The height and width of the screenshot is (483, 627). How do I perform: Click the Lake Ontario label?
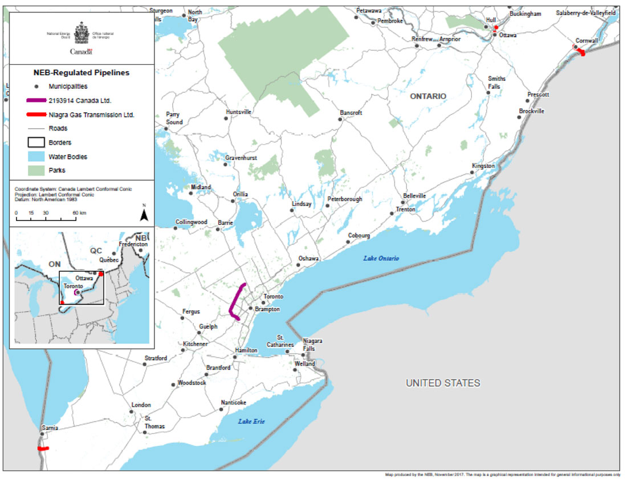(x=381, y=259)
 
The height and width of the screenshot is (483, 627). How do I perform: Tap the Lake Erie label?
(x=251, y=421)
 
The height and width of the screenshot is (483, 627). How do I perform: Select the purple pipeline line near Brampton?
(x=235, y=301)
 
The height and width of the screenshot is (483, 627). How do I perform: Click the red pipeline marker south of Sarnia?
(x=43, y=449)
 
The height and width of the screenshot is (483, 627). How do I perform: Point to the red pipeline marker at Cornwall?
(x=580, y=52)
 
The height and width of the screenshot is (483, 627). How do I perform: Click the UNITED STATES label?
(x=442, y=383)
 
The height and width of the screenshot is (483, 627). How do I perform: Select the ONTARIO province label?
(x=427, y=97)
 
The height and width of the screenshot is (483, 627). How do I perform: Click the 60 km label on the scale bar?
(x=79, y=212)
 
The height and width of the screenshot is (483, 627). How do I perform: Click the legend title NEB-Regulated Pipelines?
(x=81, y=73)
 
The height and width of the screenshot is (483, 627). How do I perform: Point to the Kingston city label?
(x=483, y=166)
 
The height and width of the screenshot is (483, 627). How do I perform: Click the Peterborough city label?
(x=344, y=200)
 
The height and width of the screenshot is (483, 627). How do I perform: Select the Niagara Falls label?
(x=313, y=345)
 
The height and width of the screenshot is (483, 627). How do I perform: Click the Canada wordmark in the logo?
(x=81, y=51)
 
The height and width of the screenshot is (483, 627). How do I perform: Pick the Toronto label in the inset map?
(x=74, y=286)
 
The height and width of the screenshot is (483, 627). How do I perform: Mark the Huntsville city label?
(x=238, y=112)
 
